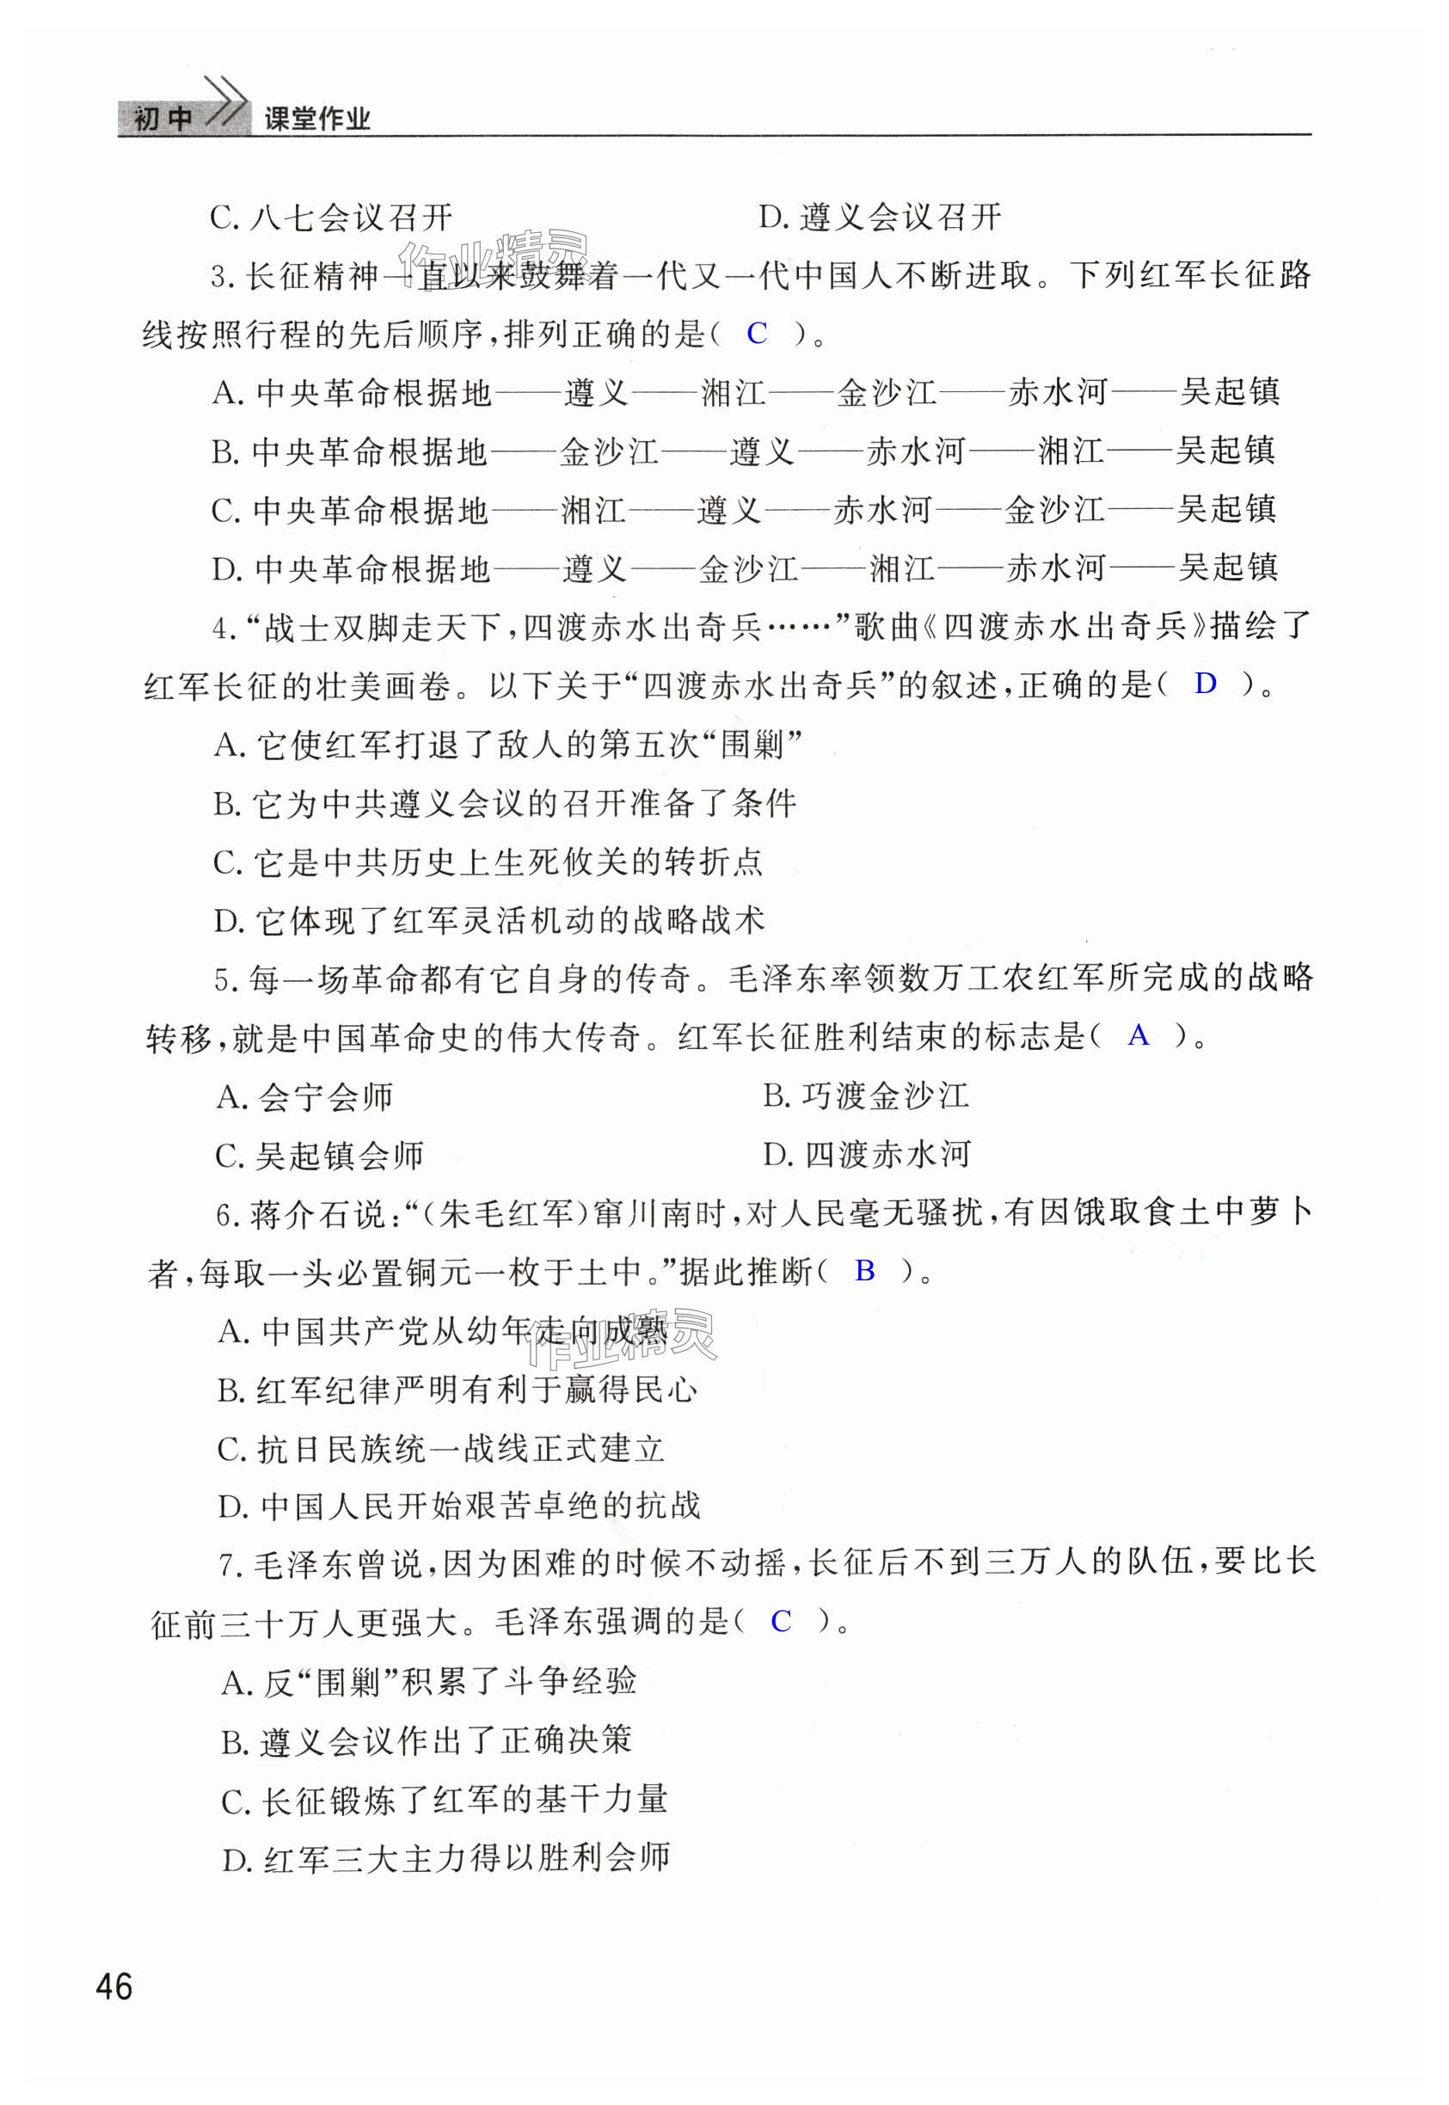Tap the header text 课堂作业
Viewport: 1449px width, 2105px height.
pos(316,119)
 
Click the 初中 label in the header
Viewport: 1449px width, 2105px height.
pos(163,119)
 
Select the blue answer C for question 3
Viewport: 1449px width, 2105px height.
pos(756,333)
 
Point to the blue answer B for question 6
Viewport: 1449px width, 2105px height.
pos(864,1270)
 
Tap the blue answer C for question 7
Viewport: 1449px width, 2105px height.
pos(780,1620)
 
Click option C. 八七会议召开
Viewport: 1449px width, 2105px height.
pos(330,217)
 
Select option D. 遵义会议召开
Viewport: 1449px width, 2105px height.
pos(880,217)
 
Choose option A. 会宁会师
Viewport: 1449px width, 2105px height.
pos(304,1096)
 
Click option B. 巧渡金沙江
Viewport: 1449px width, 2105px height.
pos(865,1095)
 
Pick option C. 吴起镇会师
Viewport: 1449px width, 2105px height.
pos(320,1155)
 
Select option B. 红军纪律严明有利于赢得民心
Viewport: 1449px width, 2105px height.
pos(457,1389)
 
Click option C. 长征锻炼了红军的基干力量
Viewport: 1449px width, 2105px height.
pos(444,1799)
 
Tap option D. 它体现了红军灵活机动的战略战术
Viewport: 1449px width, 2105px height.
pos(488,920)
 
